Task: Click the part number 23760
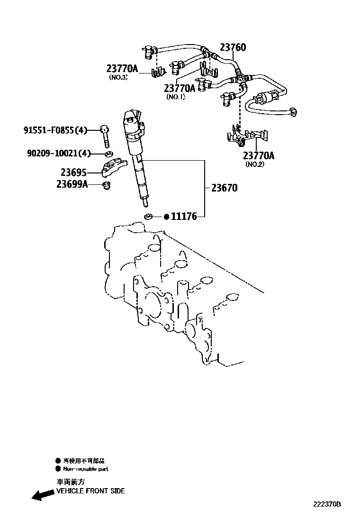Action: point(233,47)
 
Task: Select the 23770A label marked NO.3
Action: point(122,69)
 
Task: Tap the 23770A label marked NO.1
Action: point(180,88)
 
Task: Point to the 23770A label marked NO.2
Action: point(259,156)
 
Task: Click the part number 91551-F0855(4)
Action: point(55,130)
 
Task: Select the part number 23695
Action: point(73,173)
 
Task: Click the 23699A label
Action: point(72,184)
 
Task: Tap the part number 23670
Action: point(224,188)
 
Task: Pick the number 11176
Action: point(184,217)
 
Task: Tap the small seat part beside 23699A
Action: point(107,185)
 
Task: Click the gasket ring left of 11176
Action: point(149,217)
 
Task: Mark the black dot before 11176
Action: point(166,217)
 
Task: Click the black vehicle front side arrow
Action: point(42,495)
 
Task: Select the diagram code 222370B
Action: point(327,505)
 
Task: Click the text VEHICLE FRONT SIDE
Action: point(90,491)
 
